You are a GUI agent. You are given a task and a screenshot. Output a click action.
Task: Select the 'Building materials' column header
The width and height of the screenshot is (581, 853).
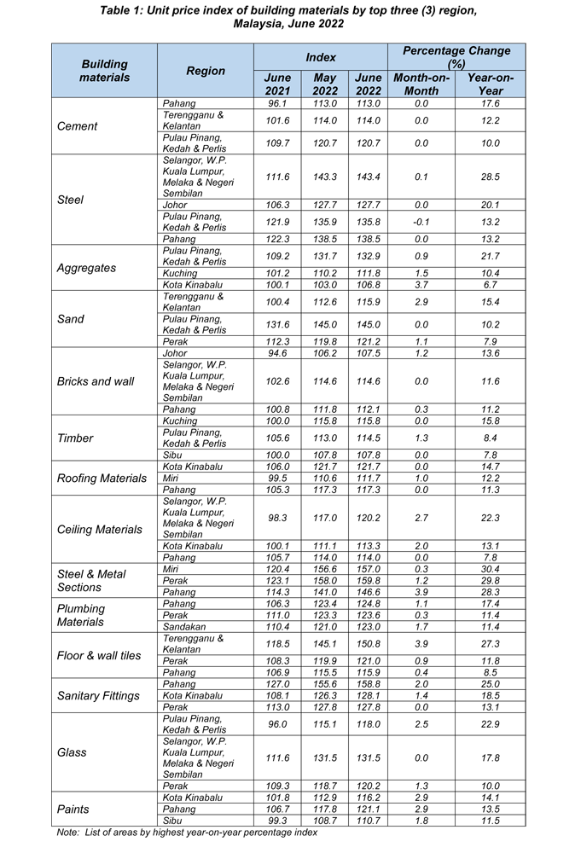(105, 70)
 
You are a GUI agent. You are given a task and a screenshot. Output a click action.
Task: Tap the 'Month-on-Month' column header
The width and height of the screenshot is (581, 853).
(421, 84)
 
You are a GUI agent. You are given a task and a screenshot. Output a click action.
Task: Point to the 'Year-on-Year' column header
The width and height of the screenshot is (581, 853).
(491, 84)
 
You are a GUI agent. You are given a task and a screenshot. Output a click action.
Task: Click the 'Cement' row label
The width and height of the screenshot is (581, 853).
(77, 126)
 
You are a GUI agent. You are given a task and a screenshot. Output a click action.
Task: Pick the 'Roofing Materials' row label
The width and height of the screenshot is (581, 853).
(102, 478)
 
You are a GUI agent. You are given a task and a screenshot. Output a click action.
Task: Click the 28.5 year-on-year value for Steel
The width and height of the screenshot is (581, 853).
(490, 177)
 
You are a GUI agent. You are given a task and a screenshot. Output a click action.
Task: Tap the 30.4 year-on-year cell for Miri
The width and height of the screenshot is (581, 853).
(490, 569)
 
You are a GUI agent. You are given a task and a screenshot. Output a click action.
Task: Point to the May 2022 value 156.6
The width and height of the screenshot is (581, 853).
(325, 569)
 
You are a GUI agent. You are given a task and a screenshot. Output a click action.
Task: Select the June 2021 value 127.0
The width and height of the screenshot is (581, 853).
(278, 684)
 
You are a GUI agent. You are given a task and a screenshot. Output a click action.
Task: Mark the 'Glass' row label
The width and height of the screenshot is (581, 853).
(71, 753)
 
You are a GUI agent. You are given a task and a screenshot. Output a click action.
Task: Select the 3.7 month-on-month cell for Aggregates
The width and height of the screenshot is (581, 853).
(421, 285)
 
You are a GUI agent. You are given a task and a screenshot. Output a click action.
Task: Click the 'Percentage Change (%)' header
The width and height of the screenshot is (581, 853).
(456, 57)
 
